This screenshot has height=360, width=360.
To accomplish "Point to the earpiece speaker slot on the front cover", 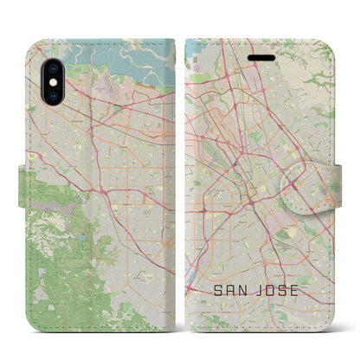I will pyautogui.click(x=264, y=49).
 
